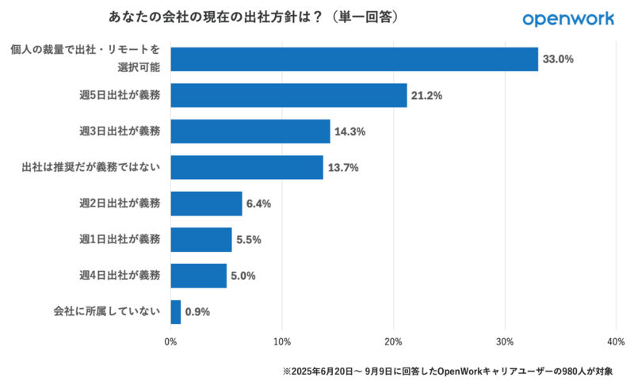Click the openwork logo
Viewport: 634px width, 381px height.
coord(568,18)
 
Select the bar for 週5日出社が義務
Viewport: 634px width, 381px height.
coord(288,95)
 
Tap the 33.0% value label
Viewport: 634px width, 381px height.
coord(558,59)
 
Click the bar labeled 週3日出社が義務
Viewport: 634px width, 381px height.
coord(250,131)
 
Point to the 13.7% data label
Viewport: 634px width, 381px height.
coord(343,167)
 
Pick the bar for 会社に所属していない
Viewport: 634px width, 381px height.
coord(176,311)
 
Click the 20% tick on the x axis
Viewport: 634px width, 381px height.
coord(393,342)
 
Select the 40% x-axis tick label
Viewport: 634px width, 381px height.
coord(616,342)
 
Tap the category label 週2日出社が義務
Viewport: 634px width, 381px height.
coord(120,204)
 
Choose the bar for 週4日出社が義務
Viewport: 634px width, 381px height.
coord(199,276)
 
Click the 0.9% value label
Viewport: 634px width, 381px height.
coord(197,311)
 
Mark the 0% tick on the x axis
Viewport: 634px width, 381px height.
coord(170,342)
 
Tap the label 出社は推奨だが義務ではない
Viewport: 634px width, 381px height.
coord(91,167)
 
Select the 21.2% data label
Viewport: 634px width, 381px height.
coord(426,95)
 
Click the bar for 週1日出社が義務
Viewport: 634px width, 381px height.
coord(201,239)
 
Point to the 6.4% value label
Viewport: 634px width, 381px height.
coord(258,204)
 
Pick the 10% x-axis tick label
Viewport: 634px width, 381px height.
coord(281,342)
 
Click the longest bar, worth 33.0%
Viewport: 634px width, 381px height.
coord(354,59)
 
